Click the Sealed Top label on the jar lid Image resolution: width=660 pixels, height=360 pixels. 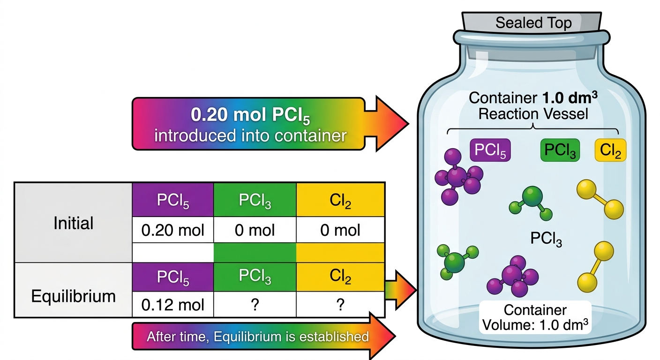(x=533, y=23)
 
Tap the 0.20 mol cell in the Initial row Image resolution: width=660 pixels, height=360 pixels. (x=172, y=230)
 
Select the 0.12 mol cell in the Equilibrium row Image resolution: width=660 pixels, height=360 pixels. (x=172, y=304)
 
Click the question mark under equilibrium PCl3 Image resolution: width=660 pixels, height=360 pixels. (x=255, y=304)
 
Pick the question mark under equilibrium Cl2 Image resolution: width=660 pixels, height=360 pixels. (x=340, y=304)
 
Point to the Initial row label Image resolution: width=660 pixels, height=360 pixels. (x=74, y=223)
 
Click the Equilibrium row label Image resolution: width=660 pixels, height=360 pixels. (x=74, y=296)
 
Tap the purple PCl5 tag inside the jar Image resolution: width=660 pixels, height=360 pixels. (x=490, y=150)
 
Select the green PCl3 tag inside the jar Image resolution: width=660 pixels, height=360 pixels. (x=560, y=150)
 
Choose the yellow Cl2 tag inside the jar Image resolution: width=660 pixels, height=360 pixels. (x=610, y=150)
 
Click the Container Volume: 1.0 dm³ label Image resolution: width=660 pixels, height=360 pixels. (x=535, y=317)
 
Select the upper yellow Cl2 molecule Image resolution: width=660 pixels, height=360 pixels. (x=600, y=199)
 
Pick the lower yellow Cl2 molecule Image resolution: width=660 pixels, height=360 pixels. (x=596, y=267)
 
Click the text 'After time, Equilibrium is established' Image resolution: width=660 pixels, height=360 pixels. (x=258, y=337)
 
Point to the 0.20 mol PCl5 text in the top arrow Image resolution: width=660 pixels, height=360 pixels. (x=250, y=115)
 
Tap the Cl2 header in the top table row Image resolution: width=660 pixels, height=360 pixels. (x=340, y=200)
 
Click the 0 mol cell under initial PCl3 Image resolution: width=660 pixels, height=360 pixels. (x=255, y=230)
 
